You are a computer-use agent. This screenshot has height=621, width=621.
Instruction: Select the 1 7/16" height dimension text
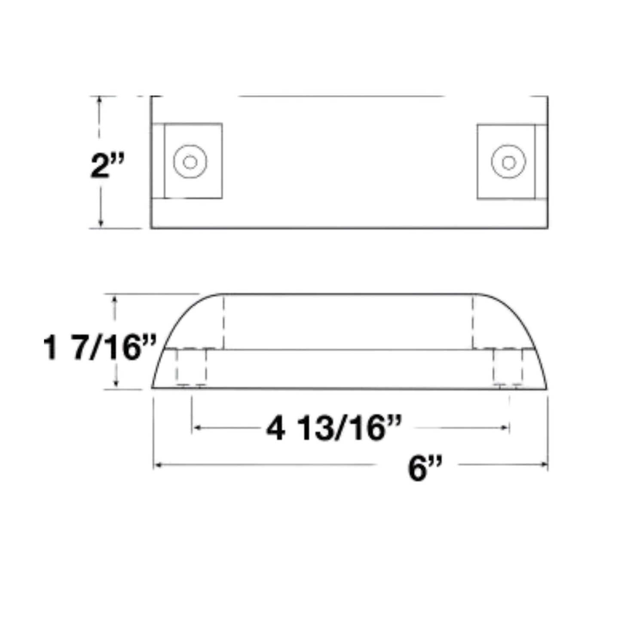[x=100, y=347]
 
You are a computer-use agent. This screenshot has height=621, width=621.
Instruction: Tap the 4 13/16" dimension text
[x=334, y=428]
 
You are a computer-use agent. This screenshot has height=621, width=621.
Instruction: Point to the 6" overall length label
[x=425, y=468]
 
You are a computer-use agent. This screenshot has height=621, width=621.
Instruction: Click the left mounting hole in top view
[x=190, y=162]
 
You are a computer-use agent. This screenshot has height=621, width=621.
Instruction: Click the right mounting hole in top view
[x=508, y=162]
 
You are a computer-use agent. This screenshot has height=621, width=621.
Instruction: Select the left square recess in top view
[x=193, y=161]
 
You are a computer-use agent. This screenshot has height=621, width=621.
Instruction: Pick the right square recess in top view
[x=506, y=162]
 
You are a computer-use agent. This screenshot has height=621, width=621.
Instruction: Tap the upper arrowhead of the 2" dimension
[x=100, y=99]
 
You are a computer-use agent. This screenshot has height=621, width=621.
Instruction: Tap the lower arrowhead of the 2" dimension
[x=101, y=223]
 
